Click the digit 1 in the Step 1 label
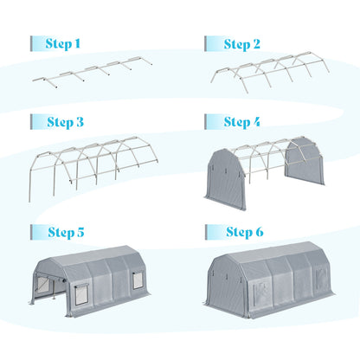[x=77, y=43]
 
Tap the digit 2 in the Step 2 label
[x=256, y=44]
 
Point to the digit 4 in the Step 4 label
[x=256, y=122]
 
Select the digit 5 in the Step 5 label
[x=80, y=232]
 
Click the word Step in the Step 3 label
[x=60, y=122]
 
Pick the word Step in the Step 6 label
[x=239, y=232]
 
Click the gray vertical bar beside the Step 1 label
[x=31, y=43]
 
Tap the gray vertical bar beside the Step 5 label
[x=31, y=232]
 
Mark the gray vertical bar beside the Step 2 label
[x=206, y=43]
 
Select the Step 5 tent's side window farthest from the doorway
[x=138, y=280]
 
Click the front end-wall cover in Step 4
[x=226, y=178]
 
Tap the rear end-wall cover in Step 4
[x=305, y=161]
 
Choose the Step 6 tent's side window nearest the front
[x=260, y=292]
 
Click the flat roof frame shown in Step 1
[x=93, y=72]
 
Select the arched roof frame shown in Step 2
[x=270, y=72]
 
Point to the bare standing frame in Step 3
[x=93, y=168]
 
